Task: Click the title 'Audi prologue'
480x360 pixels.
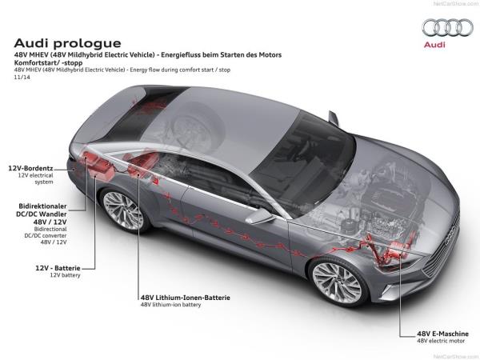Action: click(68, 42)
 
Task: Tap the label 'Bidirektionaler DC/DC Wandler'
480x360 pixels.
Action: click(43, 210)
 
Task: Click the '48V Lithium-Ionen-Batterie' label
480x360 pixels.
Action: click(185, 297)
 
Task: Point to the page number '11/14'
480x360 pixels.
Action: click(21, 78)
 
